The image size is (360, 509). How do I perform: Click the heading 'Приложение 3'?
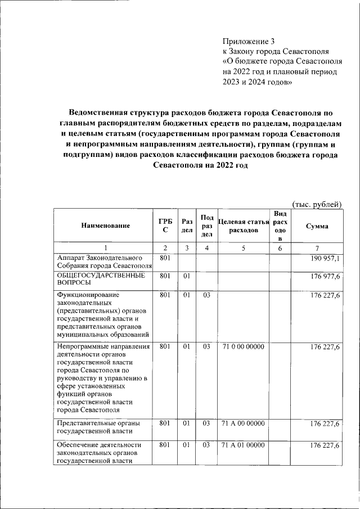click(250, 41)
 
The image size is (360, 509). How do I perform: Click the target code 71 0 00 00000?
click(243, 347)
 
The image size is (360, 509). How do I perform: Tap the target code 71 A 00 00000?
click(243, 422)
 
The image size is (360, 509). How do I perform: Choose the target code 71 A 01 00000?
click(243, 445)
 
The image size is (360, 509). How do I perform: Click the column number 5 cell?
click(244, 248)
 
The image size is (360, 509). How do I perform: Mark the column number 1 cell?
click(105, 248)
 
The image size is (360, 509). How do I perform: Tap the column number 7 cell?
click(317, 248)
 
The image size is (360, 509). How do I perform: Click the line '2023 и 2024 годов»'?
click(257, 82)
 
